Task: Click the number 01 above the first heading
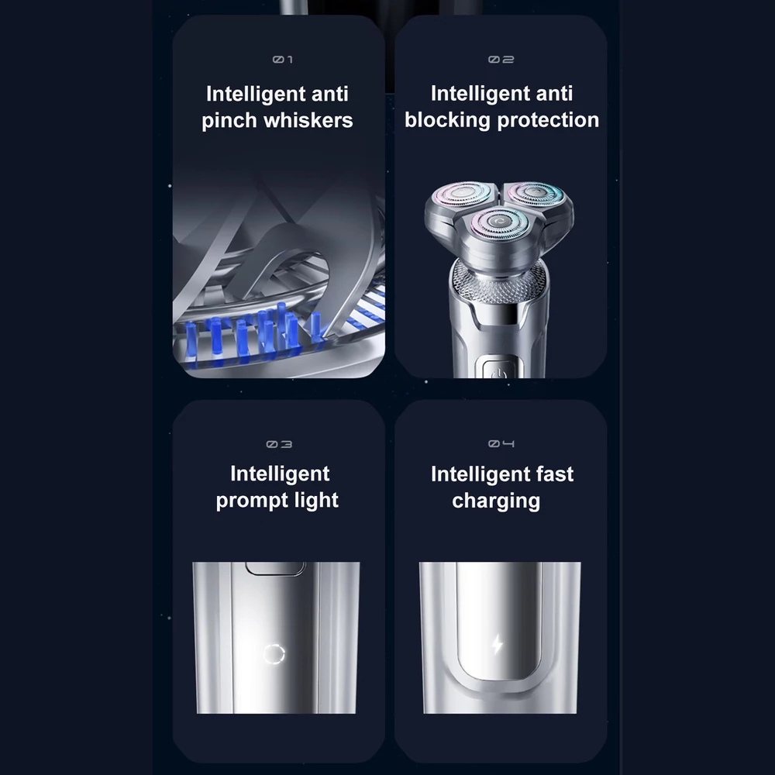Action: pyautogui.click(x=283, y=60)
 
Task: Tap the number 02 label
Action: pyautogui.click(x=501, y=60)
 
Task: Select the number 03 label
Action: pyautogui.click(x=279, y=444)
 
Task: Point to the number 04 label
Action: pyautogui.click(x=501, y=444)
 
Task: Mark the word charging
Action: pyautogui.click(x=496, y=501)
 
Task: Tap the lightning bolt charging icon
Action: pyautogui.click(x=498, y=644)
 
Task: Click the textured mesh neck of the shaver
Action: pyautogui.click(x=499, y=282)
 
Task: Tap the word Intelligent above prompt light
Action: pyautogui.click(x=280, y=474)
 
